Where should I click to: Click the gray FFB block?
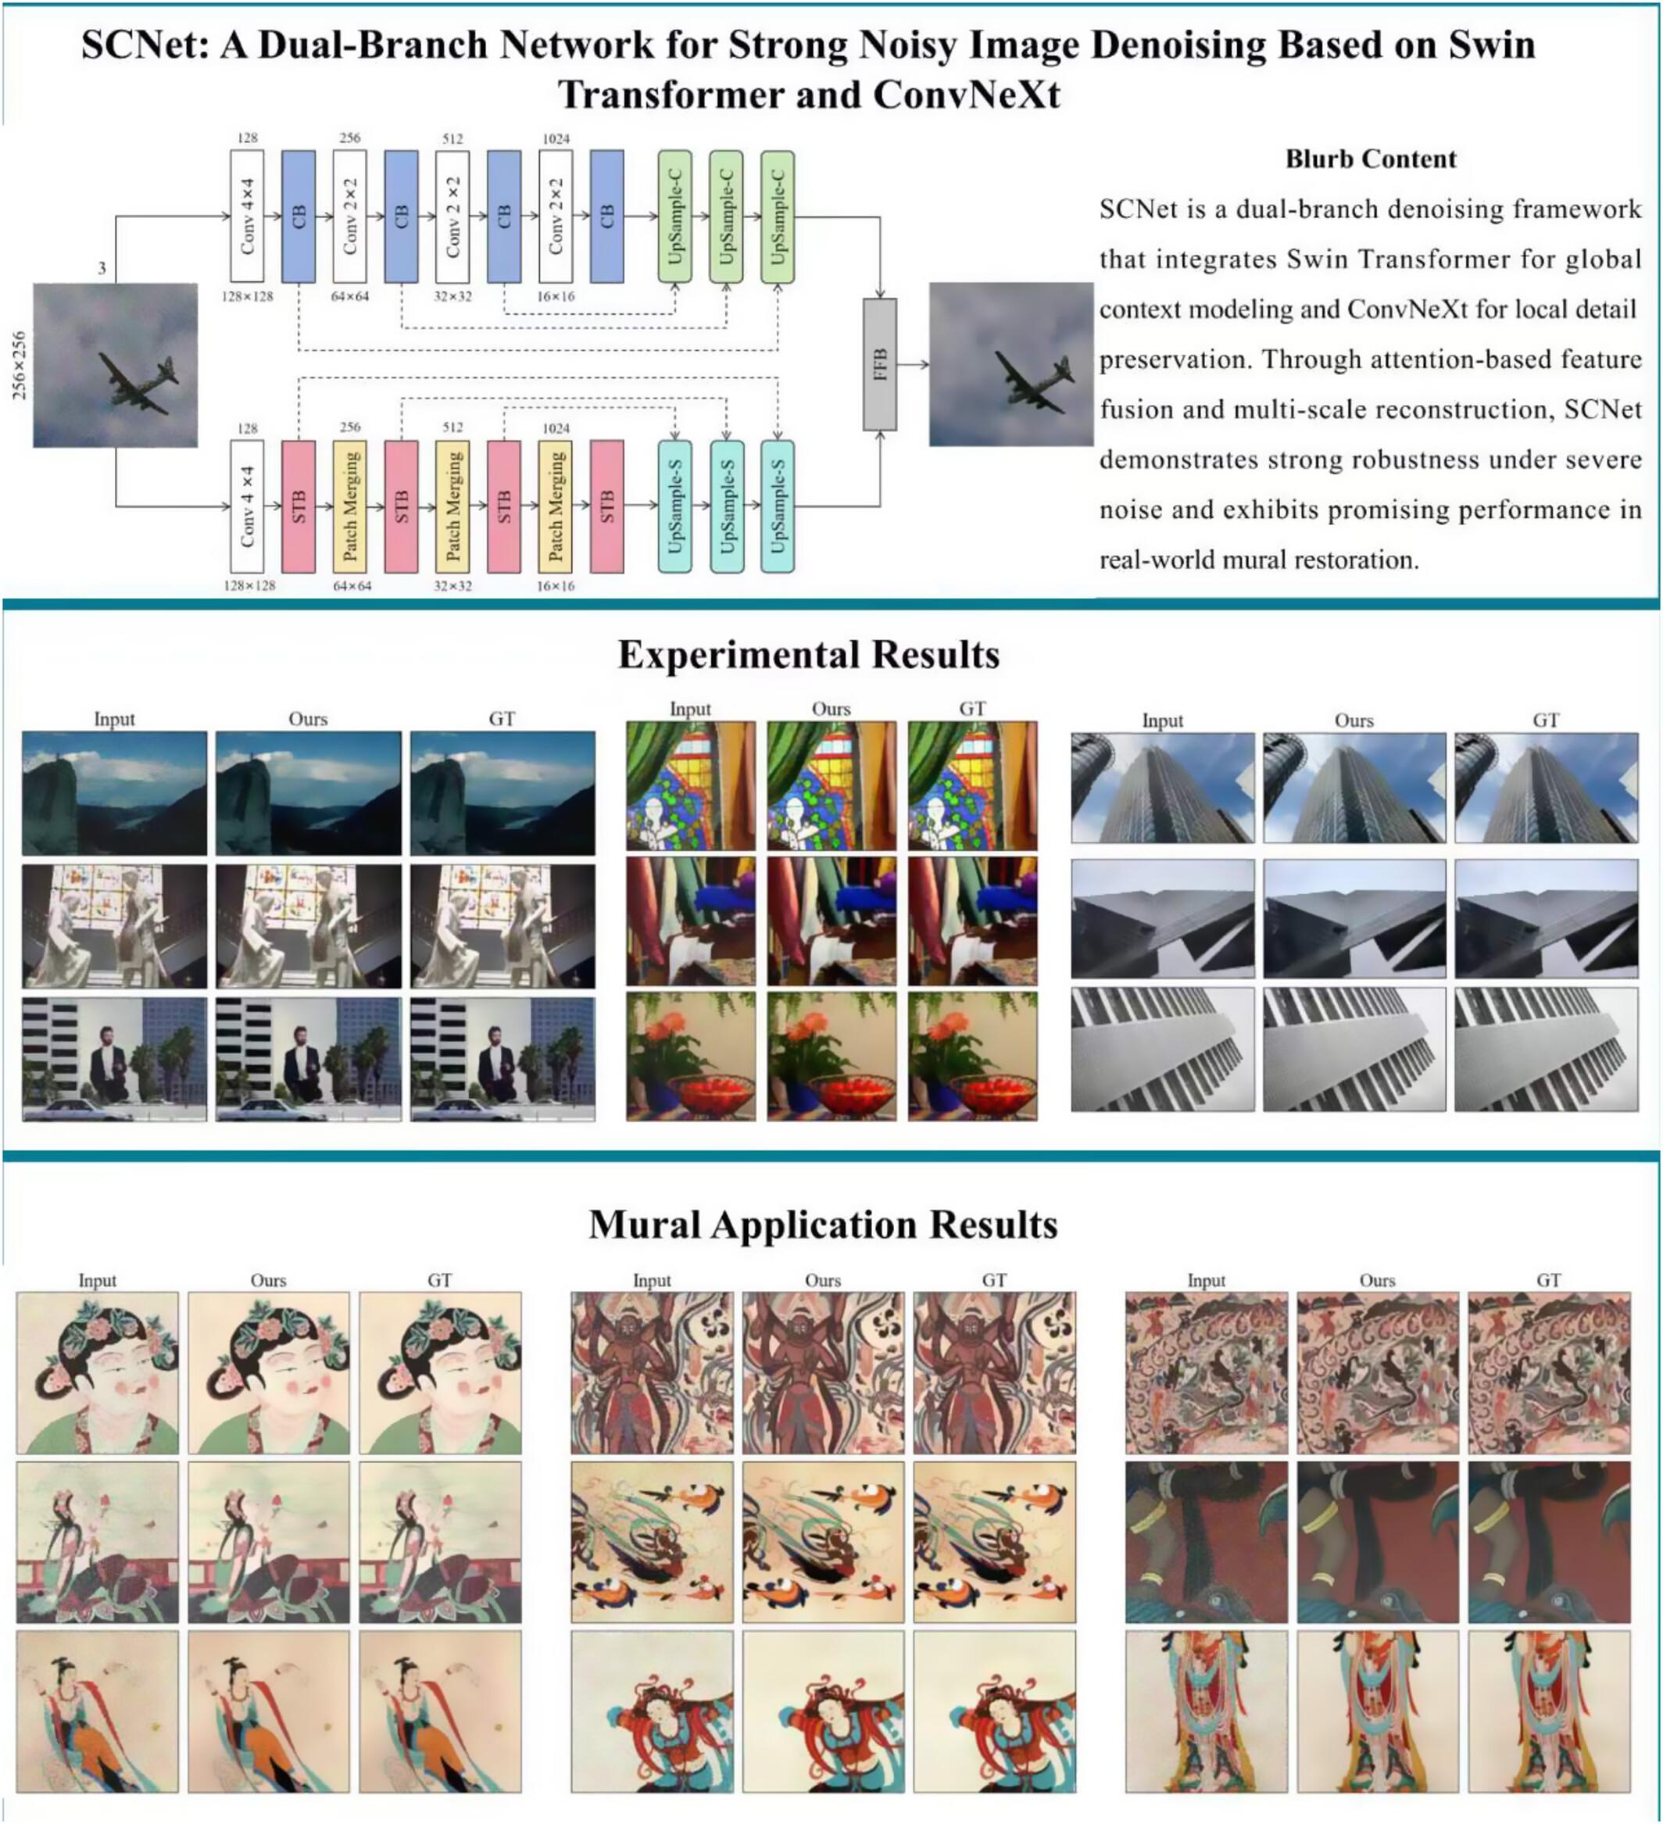click(x=879, y=365)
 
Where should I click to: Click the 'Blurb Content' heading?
click(x=1370, y=159)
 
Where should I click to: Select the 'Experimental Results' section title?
click(x=808, y=654)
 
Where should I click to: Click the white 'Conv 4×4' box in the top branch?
click(x=247, y=217)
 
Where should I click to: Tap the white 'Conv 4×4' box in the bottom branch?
click(x=247, y=506)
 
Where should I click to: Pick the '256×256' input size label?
click(x=19, y=365)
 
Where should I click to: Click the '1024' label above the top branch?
click(x=556, y=138)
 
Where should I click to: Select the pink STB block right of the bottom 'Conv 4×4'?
click(x=299, y=506)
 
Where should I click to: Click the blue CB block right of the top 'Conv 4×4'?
click(x=299, y=217)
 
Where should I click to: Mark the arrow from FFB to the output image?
click(x=912, y=365)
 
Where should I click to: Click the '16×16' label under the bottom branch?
click(x=555, y=586)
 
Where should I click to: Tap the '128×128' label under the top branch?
click(x=247, y=297)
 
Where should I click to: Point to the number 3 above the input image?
click(x=102, y=268)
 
